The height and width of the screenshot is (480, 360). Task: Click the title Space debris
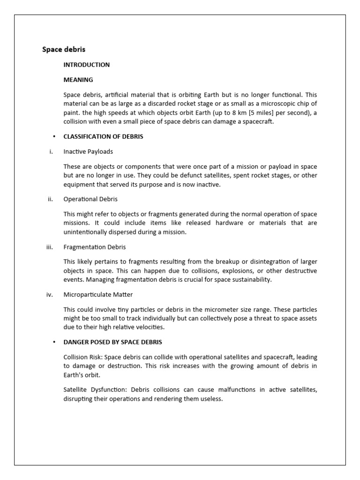[64, 49]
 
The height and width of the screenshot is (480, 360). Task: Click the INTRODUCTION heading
[87, 65]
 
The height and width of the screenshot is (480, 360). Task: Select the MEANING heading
[78, 80]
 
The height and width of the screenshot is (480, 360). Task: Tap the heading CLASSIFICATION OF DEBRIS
[103, 137]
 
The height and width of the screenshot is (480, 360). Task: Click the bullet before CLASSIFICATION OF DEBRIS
[54, 137]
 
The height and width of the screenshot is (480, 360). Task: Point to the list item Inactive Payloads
[88, 151]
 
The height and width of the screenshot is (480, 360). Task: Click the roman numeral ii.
[51, 199]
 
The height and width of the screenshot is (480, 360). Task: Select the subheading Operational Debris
[90, 199]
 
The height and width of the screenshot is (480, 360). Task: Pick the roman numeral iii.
[50, 247]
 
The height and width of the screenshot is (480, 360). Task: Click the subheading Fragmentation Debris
[95, 247]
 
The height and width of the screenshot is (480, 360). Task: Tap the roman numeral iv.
[50, 295]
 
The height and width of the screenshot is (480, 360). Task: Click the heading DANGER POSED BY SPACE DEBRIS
[112, 342]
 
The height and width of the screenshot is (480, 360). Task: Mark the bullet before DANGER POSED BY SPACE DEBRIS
[54, 342]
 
